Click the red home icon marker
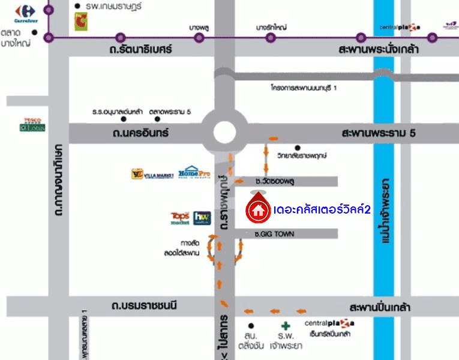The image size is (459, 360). point(258,210)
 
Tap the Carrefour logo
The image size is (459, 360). point(25,11)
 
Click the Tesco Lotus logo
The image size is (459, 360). point(32,125)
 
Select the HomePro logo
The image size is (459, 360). point(196,173)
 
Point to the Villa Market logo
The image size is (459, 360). point(152,175)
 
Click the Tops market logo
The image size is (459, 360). point(180,218)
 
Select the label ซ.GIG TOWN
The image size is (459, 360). point(274,233)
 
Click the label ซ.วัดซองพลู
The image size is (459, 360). point(277,181)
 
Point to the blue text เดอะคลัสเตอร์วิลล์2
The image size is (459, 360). point(322,211)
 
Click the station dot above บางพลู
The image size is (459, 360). point(199,37)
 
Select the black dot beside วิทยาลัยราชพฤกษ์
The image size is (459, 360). point(298,148)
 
